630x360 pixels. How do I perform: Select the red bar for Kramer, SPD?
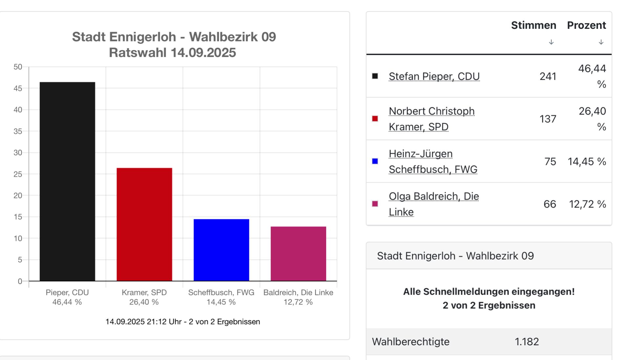tap(144, 224)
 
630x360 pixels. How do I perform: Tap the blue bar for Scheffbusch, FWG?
tap(221, 250)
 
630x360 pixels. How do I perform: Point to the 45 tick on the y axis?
tap(18, 89)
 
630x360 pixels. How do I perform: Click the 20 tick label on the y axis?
tap(18, 196)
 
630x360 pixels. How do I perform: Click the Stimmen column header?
tap(534, 25)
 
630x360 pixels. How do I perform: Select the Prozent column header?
tap(586, 25)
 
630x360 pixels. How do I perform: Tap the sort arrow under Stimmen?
tap(551, 42)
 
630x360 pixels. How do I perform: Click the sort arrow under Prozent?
tap(601, 42)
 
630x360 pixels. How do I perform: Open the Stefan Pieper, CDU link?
tap(434, 76)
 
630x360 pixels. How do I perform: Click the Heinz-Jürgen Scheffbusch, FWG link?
tap(433, 161)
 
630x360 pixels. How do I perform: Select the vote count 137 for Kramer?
tap(548, 119)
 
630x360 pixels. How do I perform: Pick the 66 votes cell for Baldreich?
tap(550, 204)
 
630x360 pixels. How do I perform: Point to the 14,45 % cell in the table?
tap(587, 161)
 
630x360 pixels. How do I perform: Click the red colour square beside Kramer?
tap(375, 119)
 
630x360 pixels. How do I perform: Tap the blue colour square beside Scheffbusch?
tap(375, 161)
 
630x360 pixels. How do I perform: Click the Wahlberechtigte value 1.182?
tap(527, 342)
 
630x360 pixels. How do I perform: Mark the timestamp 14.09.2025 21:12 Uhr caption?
tap(182, 322)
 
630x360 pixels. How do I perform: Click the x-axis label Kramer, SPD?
tap(144, 292)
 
